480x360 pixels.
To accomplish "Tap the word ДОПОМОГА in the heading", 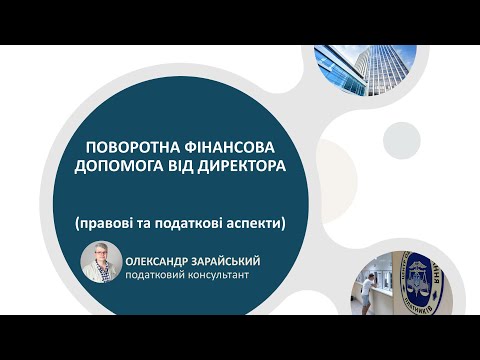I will [123, 165].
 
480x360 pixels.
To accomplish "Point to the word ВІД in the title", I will [186, 165].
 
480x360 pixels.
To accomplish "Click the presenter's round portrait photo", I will [101, 262].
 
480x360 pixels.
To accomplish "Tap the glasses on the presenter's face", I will [102, 257].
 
